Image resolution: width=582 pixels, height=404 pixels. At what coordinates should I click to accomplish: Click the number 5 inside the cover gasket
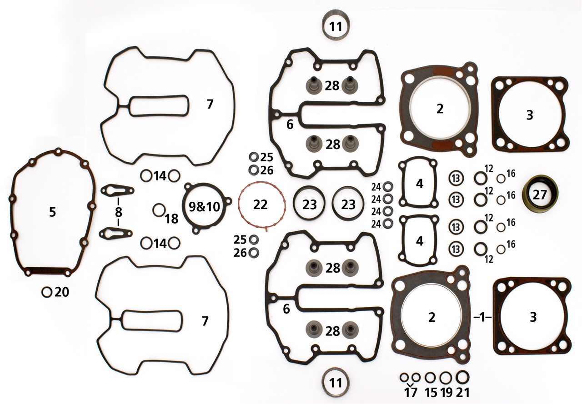(x=53, y=212)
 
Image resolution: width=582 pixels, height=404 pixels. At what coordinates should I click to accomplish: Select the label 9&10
(x=204, y=207)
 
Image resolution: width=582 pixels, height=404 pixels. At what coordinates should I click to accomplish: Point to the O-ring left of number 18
(x=159, y=210)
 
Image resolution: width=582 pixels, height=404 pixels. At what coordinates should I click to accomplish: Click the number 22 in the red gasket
(x=261, y=205)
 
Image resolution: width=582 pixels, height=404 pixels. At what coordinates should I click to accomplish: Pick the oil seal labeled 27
(x=540, y=195)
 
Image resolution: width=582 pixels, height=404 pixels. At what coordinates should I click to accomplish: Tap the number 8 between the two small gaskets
(x=118, y=211)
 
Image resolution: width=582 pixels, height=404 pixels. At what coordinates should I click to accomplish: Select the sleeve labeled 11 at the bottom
(x=336, y=383)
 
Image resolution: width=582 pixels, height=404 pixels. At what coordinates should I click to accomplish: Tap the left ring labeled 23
(x=310, y=204)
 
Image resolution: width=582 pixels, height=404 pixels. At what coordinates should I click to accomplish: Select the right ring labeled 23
(x=348, y=204)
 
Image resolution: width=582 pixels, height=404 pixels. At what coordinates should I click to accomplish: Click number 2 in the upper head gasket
(x=439, y=109)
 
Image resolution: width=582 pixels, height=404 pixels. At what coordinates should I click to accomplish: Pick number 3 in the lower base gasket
(x=533, y=317)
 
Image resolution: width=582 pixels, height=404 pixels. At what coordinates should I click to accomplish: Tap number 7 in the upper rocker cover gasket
(x=210, y=105)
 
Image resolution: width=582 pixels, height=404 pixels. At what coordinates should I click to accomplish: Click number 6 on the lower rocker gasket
(x=286, y=309)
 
